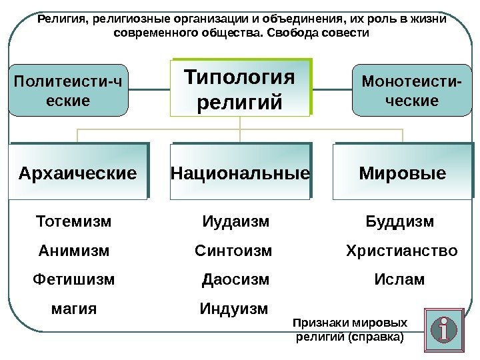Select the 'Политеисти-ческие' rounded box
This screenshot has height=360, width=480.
click(69, 91)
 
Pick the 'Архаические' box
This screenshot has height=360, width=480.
click(77, 172)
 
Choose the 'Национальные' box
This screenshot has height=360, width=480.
click(240, 172)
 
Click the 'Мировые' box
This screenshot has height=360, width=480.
click(402, 172)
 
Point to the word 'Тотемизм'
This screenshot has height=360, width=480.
click(73, 221)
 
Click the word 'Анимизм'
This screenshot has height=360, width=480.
click(73, 251)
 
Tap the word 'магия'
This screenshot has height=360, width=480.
click(73, 309)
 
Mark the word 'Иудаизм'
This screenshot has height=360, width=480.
click(235, 221)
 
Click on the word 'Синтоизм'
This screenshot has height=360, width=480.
click(233, 251)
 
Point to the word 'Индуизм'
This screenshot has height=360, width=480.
click(234, 309)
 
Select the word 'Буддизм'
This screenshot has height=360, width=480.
click(400, 221)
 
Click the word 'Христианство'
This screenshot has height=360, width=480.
click(401, 251)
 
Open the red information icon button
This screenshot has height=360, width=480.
click(445, 328)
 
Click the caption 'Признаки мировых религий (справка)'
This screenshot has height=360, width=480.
click(349, 330)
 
